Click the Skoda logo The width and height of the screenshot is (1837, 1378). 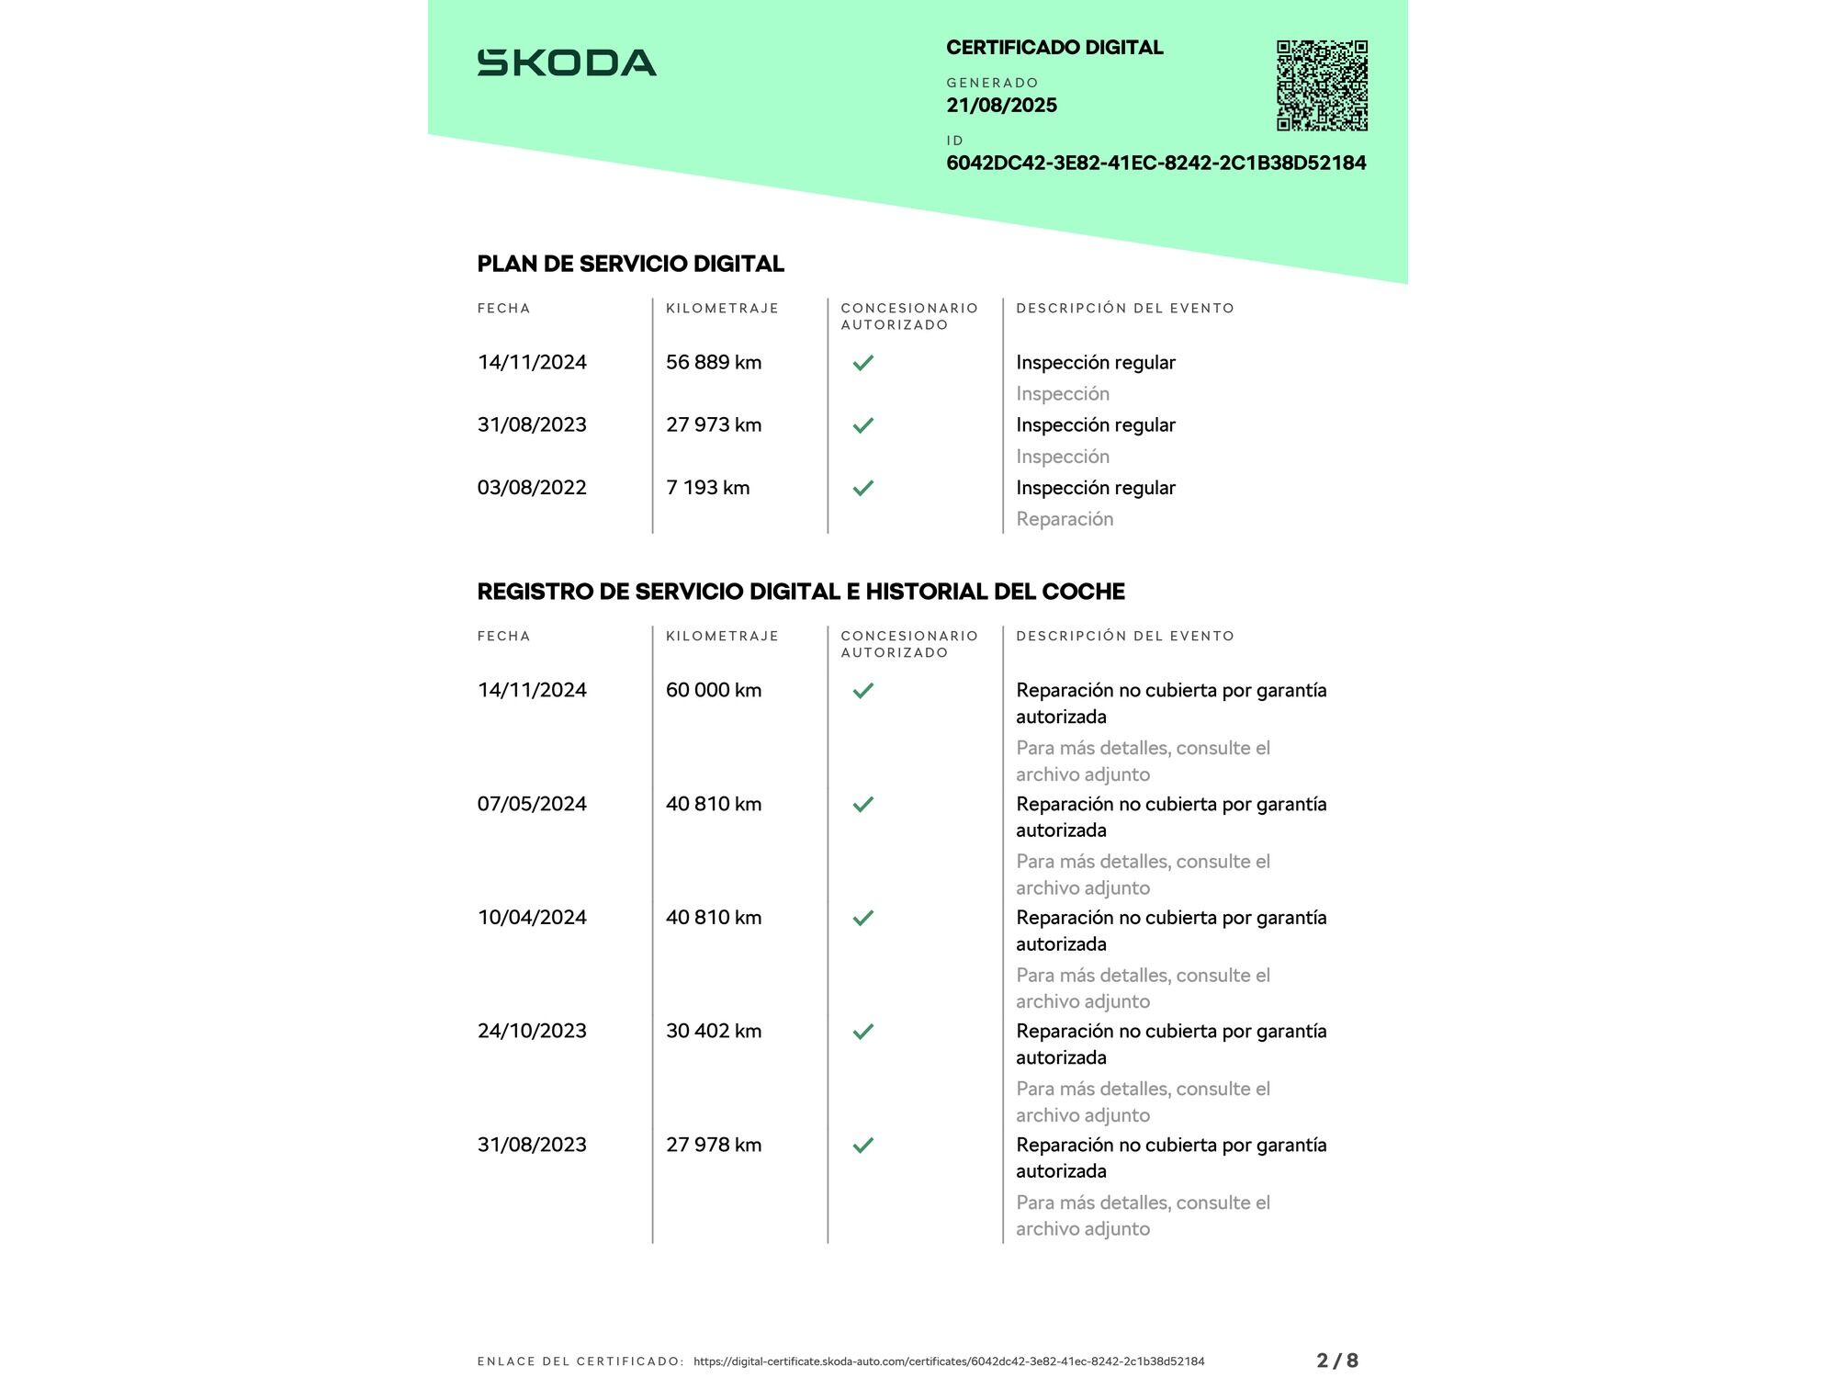(x=567, y=62)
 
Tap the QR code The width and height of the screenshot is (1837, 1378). (x=1322, y=85)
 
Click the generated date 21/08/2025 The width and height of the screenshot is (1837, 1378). (x=1001, y=106)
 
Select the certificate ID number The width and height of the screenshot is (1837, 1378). (x=1155, y=164)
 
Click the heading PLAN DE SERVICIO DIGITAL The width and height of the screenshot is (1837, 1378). (x=630, y=265)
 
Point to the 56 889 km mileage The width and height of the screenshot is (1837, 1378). (x=714, y=363)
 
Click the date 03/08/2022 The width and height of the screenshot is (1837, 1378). (x=532, y=488)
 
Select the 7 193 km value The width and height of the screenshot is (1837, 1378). (x=707, y=488)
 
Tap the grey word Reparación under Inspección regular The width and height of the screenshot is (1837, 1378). (x=1065, y=519)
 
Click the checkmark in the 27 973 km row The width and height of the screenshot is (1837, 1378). (x=862, y=425)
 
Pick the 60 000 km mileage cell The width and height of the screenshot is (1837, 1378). (x=714, y=690)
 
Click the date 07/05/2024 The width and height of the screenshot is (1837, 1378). (x=532, y=804)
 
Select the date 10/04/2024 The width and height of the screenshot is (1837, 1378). (x=532, y=918)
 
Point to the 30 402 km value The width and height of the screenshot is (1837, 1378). (x=714, y=1031)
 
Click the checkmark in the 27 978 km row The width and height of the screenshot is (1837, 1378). (x=862, y=1145)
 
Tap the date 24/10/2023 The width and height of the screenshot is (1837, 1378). (x=532, y=1031)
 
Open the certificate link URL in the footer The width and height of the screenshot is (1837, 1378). (x=949, y=1361)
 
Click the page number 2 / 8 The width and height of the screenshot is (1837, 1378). (x=1336, y=1361)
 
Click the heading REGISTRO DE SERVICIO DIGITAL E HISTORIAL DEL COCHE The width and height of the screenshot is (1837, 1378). (x=800, y=592)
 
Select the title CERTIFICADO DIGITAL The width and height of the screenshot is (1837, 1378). (x=1054, y=48)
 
